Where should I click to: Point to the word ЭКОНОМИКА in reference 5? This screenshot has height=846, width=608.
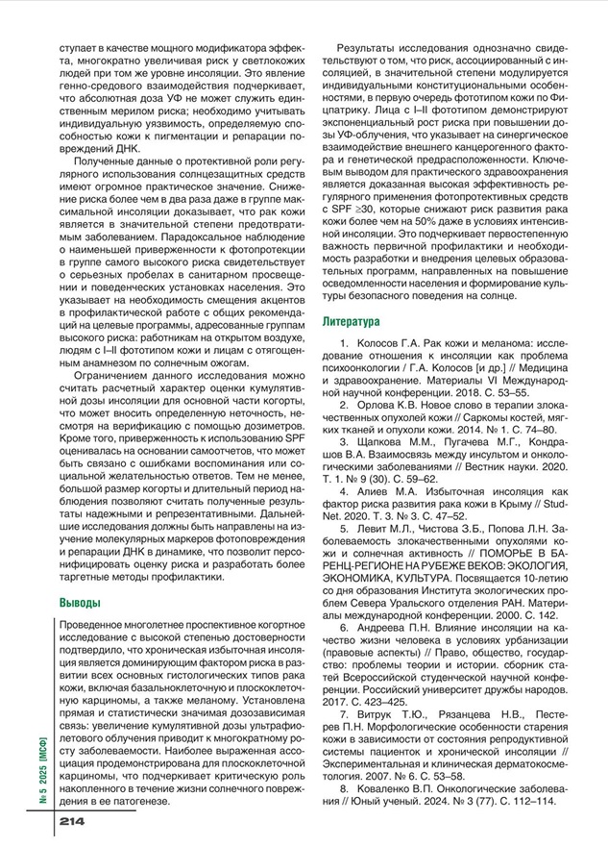point(369,581)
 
